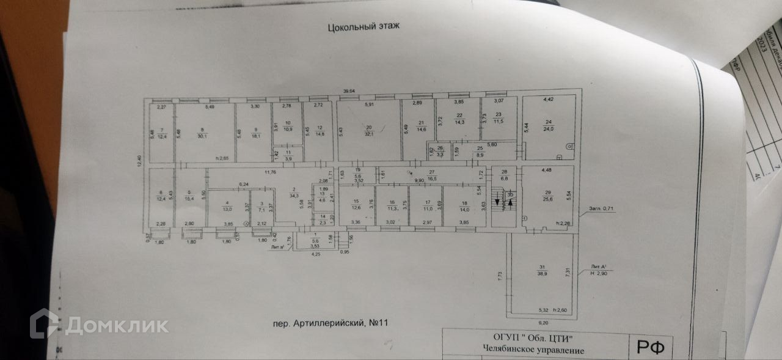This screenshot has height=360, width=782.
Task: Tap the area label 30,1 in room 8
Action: click(201, 136)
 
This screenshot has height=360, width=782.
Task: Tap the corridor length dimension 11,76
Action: click(269, 172)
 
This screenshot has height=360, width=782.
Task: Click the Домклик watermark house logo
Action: click(45, 324)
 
